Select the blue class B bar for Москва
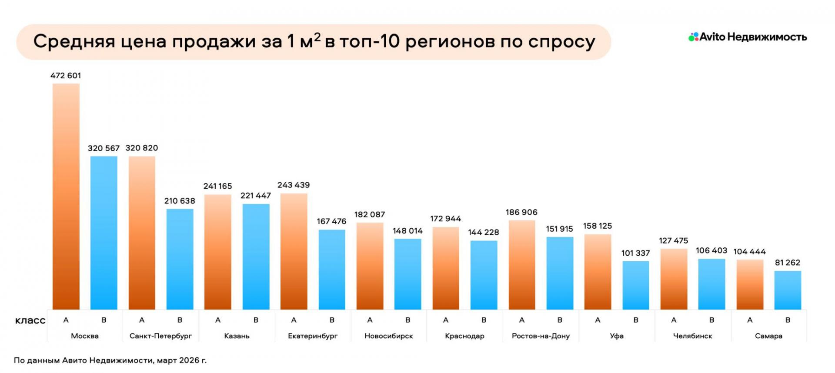click(x=104, y=233)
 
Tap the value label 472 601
click(x=66, y=76)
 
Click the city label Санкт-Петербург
click(x=160, y=336)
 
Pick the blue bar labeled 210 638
click(x=180, y=259)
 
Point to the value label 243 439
click(x=294, y=185)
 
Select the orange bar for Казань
click(x=218, y=252)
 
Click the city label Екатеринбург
click(x=313, y=336)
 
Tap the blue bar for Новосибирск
click(x=408, y=274)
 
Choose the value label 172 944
click(x=445, y=219)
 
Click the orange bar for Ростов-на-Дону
click(x=522, y=265)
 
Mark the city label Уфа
click(x=617, y=336)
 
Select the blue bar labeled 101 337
click(x=636, y=285)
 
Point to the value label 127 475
click(x=673, y=241)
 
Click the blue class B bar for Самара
click(x=788, y=290)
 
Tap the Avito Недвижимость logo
click(x=748, y=37)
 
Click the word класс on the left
click(x=30, y=321)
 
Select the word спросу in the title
click(x=561, y=42)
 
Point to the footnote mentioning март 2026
click(x=110, y=360)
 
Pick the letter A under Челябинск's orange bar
click(x=674, y=320)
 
